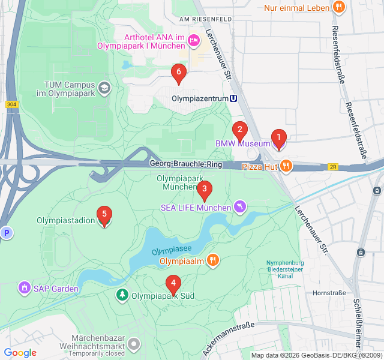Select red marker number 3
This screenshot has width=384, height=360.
(x=204, y=190)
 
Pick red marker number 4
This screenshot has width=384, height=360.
(x=173, y=283)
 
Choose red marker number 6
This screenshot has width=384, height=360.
(x=178, y=72)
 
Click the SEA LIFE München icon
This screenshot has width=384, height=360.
(x=240, y=207)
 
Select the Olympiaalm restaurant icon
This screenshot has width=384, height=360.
(x=212, y=260)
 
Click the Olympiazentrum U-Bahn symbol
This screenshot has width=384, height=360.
(x=233, y=98)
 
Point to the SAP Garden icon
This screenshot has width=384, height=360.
(x=25, y=289)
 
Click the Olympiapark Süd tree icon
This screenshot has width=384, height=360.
(x=122, y=295)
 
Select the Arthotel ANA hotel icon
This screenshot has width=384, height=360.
(x=193, y=41)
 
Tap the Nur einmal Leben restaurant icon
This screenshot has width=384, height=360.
(x=339, y=8)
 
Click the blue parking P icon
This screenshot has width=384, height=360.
(x=6, y=233)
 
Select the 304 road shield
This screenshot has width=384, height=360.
(x=11, y=104)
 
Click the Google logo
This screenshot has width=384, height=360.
(x=20, y=353)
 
